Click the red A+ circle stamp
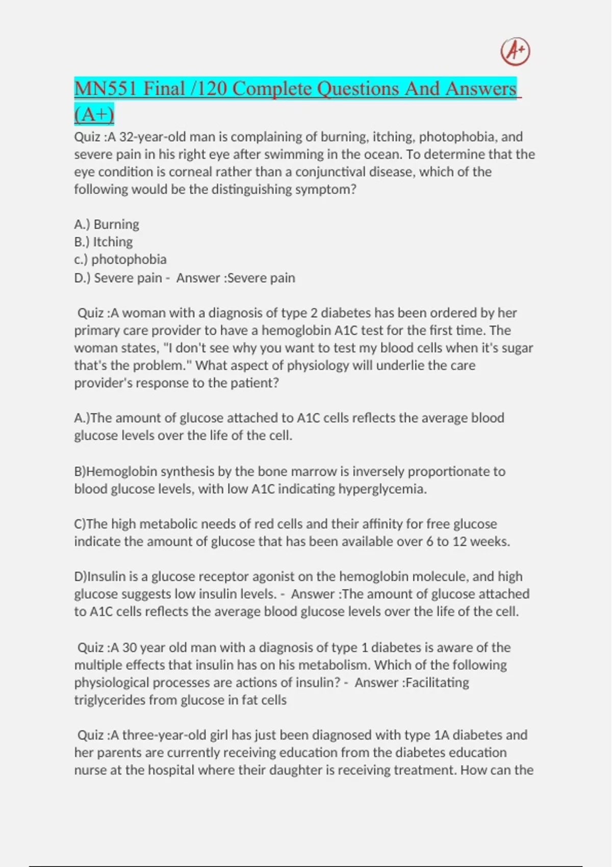515,52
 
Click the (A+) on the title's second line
94,114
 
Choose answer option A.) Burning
107,224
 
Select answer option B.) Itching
104,242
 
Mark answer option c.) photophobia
120,259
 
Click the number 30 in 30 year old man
130,647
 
